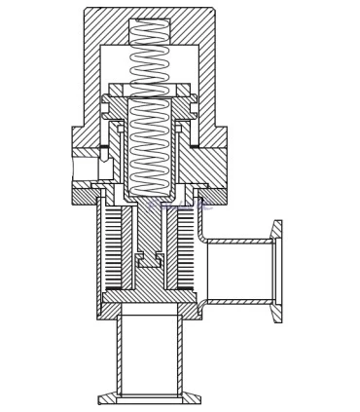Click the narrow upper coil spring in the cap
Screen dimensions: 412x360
click(x=150, y=54)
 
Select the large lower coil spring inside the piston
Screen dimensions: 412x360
click(x=150, y=141)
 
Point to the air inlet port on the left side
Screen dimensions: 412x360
click(x=85, y=168)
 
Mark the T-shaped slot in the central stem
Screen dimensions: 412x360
click(x=150, y=260)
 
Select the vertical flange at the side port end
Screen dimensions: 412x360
click(x=277, y=271)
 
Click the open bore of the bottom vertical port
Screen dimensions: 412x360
click(x=150, y=356)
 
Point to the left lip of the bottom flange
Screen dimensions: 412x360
click(x=106, y=398)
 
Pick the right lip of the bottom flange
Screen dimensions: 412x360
click(x=193, y=398)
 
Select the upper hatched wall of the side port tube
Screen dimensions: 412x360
click(x=238, y=241)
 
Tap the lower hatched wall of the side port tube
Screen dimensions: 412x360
click(x=238, y=301)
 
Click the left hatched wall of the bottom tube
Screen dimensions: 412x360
click(x=120, y=356)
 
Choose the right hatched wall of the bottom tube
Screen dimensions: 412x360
click(x=180, y=356)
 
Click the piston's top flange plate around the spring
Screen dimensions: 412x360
click(x=150, y=91)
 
